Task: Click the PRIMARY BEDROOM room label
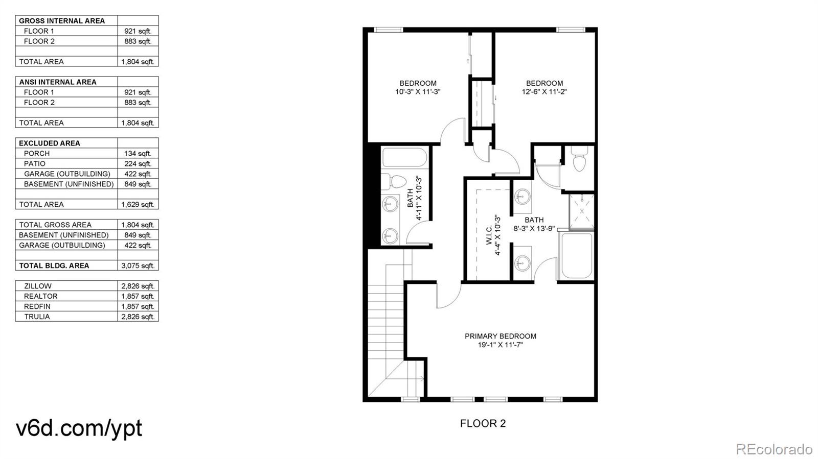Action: point(500,336)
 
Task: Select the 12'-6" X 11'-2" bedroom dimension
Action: point(544,92)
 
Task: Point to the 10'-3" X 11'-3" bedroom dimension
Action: point(418,92)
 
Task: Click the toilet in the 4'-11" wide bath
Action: point(394,181)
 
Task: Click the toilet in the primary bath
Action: point(579,162)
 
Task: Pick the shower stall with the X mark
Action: point(582,211)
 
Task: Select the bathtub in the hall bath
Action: point(404,158)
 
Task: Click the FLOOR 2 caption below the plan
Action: point(483,423)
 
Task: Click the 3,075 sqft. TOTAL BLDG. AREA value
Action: point(138,265)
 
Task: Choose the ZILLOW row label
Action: point(38,286)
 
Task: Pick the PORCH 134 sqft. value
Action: point(138,153)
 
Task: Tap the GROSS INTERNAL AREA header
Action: point(62,21)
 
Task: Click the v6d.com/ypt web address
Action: point(79,428)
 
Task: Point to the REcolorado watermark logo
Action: point(774,449)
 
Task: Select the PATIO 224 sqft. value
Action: point(138,163)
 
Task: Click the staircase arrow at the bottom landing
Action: point(420,379)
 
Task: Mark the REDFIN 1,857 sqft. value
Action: point(138,306)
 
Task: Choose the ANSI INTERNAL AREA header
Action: point(58,82)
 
